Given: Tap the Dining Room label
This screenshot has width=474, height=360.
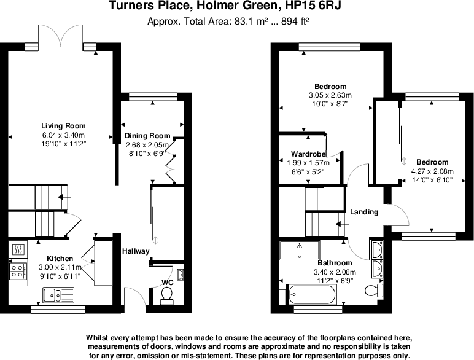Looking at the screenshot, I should point(147,136).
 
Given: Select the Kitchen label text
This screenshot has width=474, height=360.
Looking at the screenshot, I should point(60,259).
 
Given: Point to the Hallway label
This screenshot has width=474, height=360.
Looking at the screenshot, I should point(135,251).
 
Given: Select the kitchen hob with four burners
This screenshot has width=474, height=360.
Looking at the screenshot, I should point(18,270).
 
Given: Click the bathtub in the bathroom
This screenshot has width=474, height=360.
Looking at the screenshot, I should point(311,296).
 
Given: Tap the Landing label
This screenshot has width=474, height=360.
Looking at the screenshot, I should point(364,212).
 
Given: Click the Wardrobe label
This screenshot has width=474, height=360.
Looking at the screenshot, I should point(309,154).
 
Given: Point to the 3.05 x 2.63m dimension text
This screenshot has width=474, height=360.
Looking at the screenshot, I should point(330,95).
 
